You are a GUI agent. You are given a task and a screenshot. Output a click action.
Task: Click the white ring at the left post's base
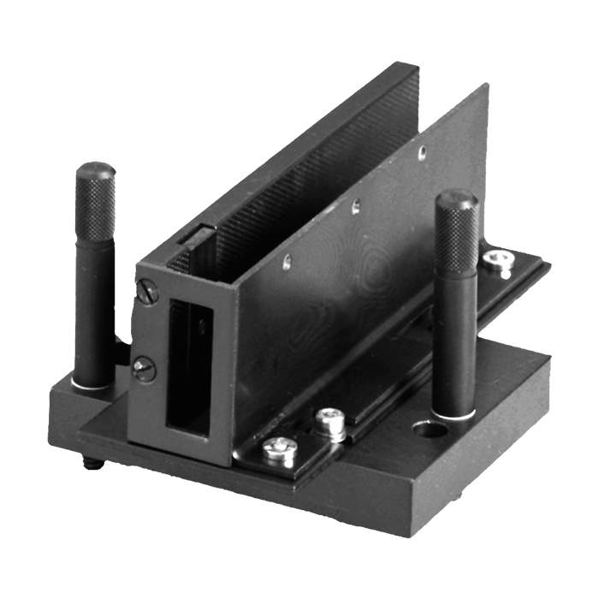(x=92, y=386)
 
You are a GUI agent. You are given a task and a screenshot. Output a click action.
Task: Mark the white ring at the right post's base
(x=454, y=416)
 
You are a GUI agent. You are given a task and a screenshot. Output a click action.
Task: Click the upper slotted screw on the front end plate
(x=147, y=294)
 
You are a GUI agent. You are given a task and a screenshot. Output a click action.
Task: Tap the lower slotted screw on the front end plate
(x=144, y=369)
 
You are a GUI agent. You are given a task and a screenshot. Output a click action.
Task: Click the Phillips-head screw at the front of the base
(x=279, y=448)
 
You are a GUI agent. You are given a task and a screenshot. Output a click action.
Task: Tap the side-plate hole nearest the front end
(x=287, y=261)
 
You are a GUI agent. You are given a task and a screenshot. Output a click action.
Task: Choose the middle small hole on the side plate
(x=356, y=205)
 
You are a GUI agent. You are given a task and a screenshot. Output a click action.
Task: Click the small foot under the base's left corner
(x=92, y=463)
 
